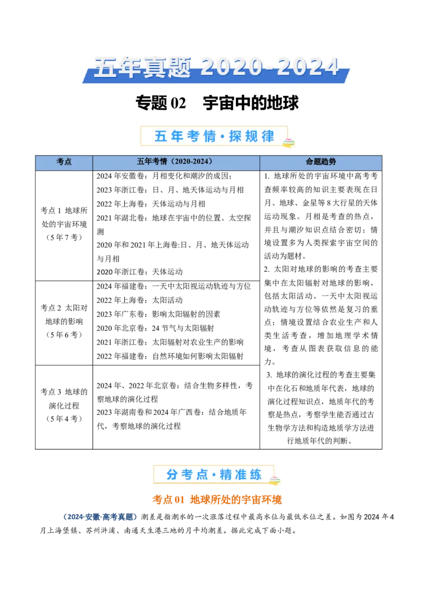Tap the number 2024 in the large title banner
tap(310, 68)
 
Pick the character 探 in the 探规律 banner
tap(235, 136)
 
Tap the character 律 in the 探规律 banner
tap(268, 136)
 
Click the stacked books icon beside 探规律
tap(288, 142)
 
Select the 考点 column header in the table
tap(64, 162)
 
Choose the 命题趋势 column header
tap(321, 162)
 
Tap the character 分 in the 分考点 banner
tap(173, 475)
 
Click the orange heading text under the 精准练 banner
tap(217, 500)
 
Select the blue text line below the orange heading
tap(100, 517)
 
